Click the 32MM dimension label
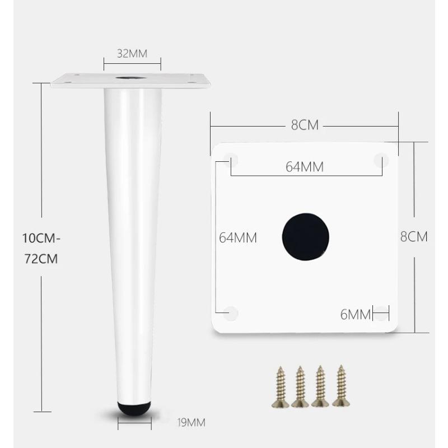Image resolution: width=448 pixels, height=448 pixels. click(x=132, y=53)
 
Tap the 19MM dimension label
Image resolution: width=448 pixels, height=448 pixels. click(x=191, y=423)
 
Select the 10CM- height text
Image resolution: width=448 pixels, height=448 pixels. click(x=41, y=239)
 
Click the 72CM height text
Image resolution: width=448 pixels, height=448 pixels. click(x=41, y=259)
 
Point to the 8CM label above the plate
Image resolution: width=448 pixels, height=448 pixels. click(x=305, y=125)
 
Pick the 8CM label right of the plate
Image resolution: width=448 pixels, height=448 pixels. click(x=414, y=236)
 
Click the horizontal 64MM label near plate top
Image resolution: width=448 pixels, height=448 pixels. click(x=305, y=167)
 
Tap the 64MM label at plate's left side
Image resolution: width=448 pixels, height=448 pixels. click(x=238, y=237)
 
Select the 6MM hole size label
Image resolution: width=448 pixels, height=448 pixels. click(x=356, y=315)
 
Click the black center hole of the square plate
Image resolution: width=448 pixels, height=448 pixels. click(x=305, y=236)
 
